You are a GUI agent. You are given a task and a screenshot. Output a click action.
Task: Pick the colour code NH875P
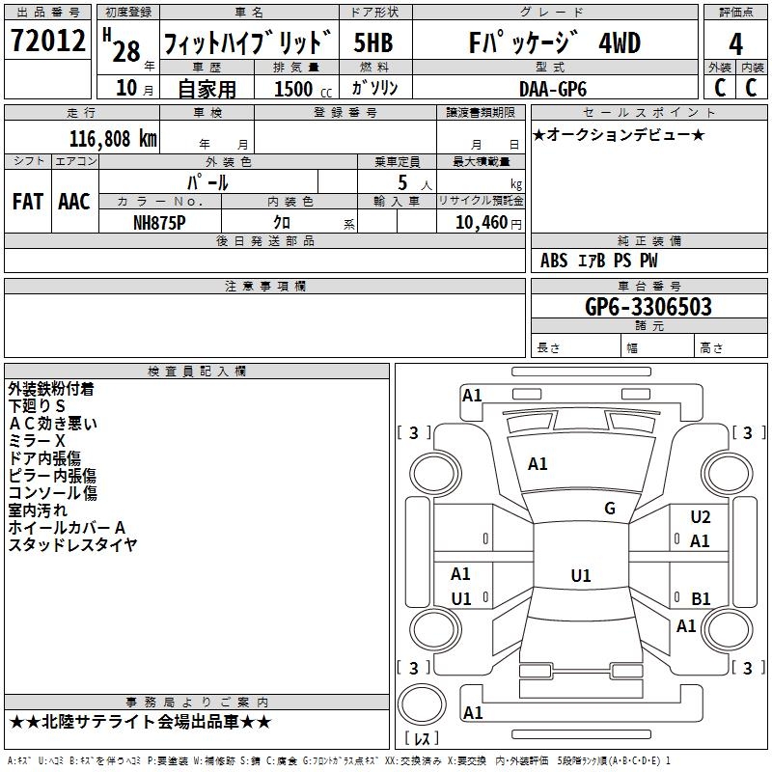pos(159,222)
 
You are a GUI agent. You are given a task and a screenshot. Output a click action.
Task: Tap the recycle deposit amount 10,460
pos(480,222)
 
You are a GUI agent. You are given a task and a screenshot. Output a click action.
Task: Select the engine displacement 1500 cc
pos(300,88)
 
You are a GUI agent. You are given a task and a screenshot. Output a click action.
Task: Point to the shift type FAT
pos(28,201)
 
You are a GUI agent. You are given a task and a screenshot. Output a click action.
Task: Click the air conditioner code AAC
pos(74,201)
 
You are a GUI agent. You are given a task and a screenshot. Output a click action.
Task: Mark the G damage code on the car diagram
pos(609,509)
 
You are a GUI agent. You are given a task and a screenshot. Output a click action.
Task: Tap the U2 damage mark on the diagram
pos(701,517)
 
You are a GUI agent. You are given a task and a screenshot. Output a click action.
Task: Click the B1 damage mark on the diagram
pos(701,598)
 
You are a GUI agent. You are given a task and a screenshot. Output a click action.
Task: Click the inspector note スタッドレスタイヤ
pos(72,545)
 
